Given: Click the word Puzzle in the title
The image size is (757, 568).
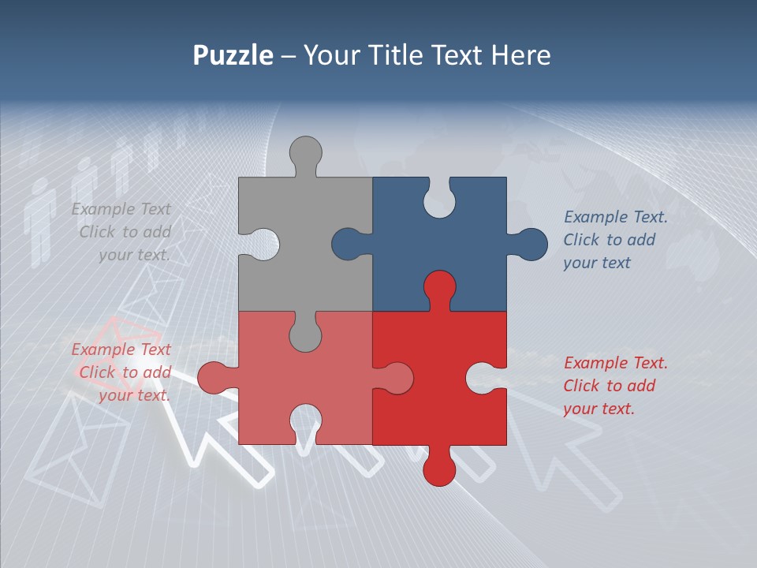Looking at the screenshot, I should click(x=233, y=55).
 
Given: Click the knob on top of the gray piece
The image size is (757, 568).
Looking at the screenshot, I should click(x=305, y=152).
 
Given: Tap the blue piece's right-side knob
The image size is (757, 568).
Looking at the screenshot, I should click(x=529, y=244).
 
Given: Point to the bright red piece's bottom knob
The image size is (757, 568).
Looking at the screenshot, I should click(x=439, y=469).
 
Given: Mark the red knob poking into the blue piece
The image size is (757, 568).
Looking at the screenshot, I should click(x=439, y=287).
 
